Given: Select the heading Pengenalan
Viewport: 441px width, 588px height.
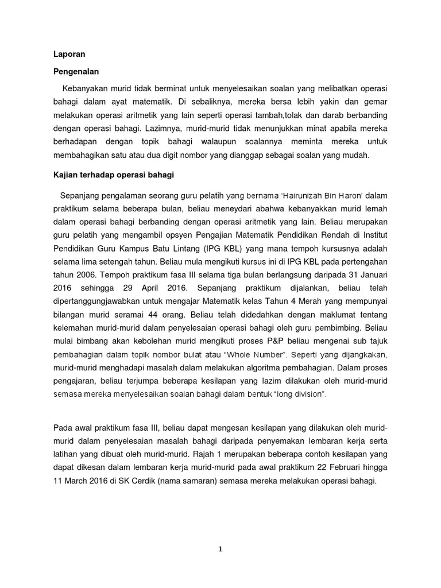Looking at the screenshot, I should (x=77, y=72).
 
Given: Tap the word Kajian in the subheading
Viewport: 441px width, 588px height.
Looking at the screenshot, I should (x=67, y=174).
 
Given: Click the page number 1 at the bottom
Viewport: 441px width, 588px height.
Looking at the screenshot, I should (x=220, y=549).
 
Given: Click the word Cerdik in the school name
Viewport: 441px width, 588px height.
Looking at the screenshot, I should (x=148, y=482).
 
